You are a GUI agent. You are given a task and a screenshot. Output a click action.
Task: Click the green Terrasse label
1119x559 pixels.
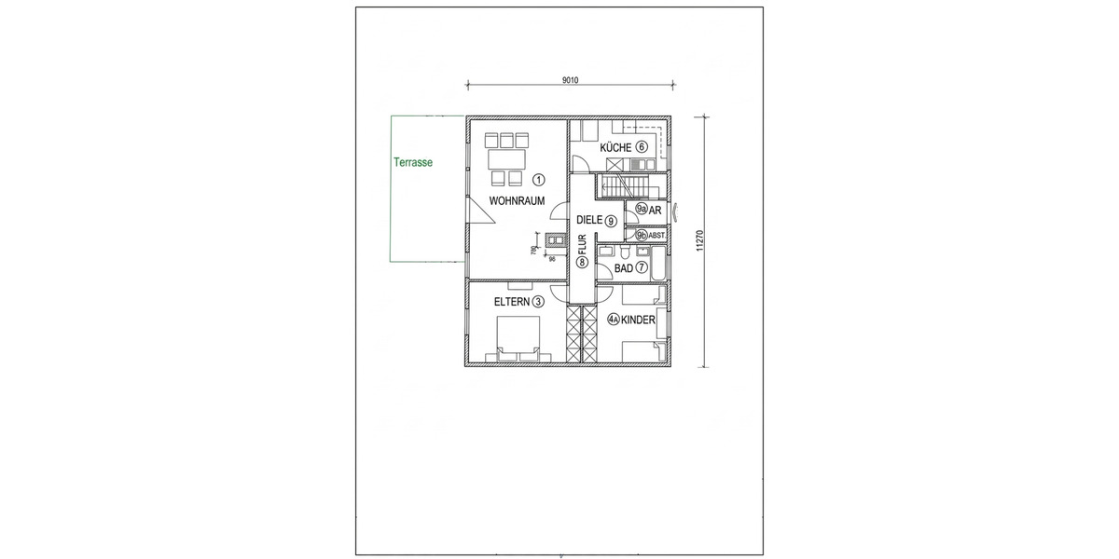413,161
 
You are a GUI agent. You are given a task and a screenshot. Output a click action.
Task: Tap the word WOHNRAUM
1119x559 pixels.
517,200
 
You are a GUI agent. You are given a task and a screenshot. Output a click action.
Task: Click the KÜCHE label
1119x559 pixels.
615,148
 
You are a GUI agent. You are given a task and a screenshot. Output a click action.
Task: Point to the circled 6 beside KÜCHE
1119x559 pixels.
642,148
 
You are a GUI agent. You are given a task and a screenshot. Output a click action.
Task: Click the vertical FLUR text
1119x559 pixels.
581,246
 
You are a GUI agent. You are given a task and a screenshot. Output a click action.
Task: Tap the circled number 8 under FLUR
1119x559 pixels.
581,264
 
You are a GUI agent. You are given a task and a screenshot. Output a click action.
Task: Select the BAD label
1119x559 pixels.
624,268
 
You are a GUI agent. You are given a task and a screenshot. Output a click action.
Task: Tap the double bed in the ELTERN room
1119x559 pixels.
518,339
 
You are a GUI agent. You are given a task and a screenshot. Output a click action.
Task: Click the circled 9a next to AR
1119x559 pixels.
642,211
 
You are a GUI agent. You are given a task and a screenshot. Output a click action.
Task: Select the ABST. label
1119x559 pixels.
656,236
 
